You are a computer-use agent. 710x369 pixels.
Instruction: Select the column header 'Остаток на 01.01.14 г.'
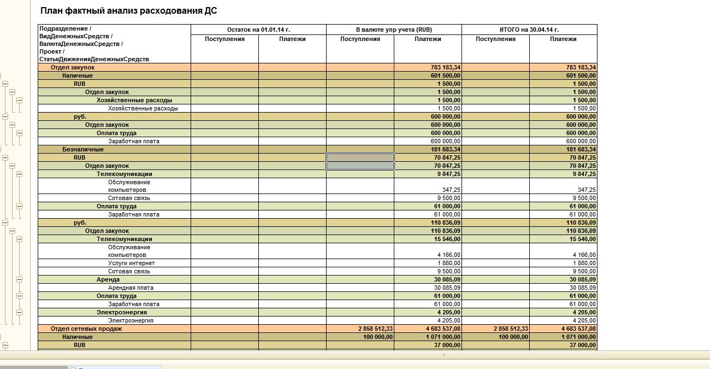[x=258, y=30]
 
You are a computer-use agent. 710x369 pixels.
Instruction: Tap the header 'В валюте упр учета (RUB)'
[x=393, y=30]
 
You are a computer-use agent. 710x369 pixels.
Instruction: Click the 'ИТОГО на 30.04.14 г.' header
[x=529, y=30]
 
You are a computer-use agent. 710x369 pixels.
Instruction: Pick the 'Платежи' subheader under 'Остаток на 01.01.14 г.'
[x=292, y=39]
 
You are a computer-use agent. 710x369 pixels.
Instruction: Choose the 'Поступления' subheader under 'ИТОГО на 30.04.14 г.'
[x=495, y=39]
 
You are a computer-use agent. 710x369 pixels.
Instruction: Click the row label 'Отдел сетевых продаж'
[x=86, y=329]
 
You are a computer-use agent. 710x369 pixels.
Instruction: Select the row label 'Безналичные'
[x=82, y=149]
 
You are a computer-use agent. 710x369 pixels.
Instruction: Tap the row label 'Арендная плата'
[x=131, y=288]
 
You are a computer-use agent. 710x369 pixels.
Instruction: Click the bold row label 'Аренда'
[x=108, y=279]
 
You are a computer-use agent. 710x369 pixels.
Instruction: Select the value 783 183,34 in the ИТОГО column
[x=581, y=67]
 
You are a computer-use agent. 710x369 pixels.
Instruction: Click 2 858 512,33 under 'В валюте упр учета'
[x=376, y=329]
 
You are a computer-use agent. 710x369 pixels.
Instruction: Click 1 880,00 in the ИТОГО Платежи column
[x=584, y=263]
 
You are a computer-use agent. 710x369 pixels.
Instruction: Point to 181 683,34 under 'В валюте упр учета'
[x=446, y=149]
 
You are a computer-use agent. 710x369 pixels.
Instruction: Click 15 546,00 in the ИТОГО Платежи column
[x=583, y=239]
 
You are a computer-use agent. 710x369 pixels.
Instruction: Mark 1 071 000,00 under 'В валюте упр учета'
[x=443, y=337]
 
